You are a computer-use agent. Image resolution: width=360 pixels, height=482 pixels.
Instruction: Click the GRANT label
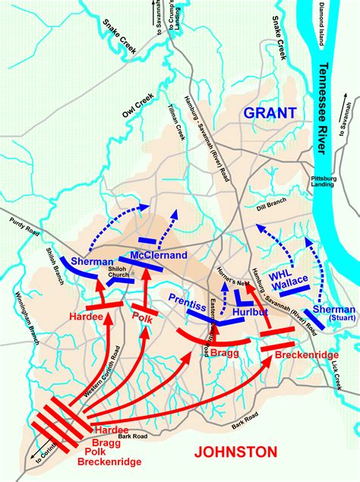[x=270, y=113]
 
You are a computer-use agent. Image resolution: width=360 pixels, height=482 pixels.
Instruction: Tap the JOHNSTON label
[x=235, y=452]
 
